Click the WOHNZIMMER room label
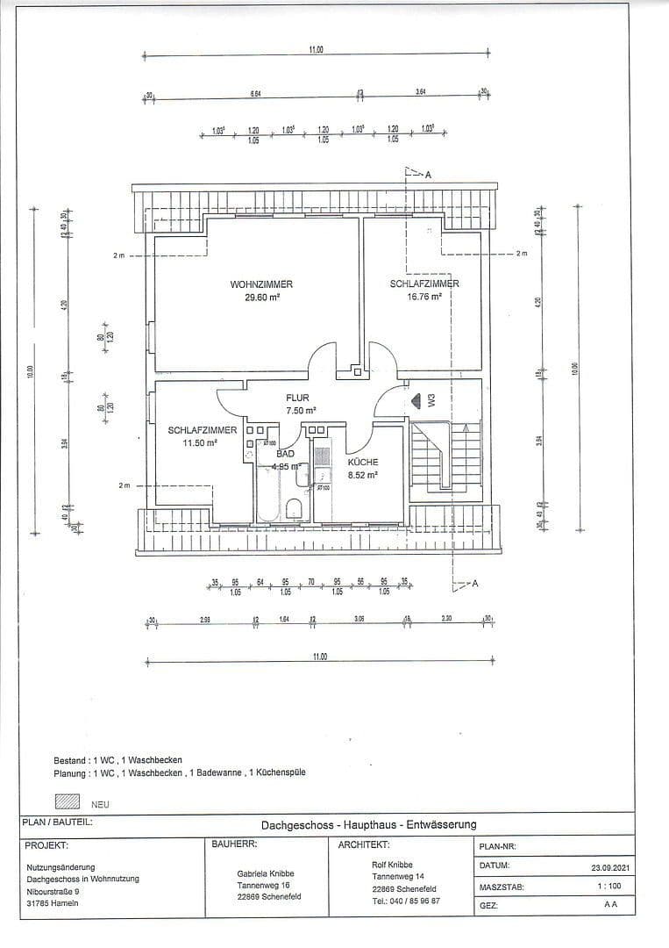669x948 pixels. tap(261, 284)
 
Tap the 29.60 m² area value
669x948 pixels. tap(261, 298)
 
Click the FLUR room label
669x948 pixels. tap(297, 398)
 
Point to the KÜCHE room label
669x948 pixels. tap(362, 462)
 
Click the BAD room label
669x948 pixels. tap(286, 455)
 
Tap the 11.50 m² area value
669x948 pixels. tap(199, 443)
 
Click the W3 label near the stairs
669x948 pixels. tap(431, 400)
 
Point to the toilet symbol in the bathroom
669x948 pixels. tap(295, 510)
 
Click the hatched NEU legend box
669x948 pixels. tap(68, 802)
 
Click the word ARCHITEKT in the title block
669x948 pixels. tap(363, 845)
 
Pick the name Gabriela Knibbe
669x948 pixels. tap(266, 873)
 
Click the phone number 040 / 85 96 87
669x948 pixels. tap(406, 901)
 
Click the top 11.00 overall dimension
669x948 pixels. tap(317, 50)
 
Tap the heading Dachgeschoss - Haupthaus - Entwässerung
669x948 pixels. tap(368, 824)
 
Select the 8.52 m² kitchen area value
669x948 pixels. tap(362, 475)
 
